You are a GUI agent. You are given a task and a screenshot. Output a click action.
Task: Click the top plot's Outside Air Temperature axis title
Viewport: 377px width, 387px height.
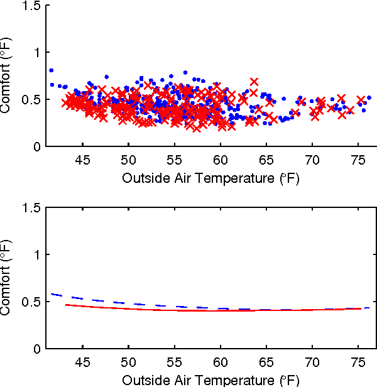tap(210, 178)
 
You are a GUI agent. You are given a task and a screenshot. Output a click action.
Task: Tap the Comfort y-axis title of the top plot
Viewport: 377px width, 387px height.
tap(8, 76)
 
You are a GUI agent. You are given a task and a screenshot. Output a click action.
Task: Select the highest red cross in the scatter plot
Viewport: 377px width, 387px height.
tap(254, 82)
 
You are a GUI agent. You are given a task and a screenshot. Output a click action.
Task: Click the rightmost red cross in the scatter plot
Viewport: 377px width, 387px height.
tap(361, 101)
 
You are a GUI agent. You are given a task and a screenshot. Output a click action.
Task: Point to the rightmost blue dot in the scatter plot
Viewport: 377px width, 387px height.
tap(369, 97)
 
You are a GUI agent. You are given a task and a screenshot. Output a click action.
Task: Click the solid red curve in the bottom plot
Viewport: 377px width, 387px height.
tap(188, 310)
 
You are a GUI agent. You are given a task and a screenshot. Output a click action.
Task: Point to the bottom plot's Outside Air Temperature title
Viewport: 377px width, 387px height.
tap(210, 380)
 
